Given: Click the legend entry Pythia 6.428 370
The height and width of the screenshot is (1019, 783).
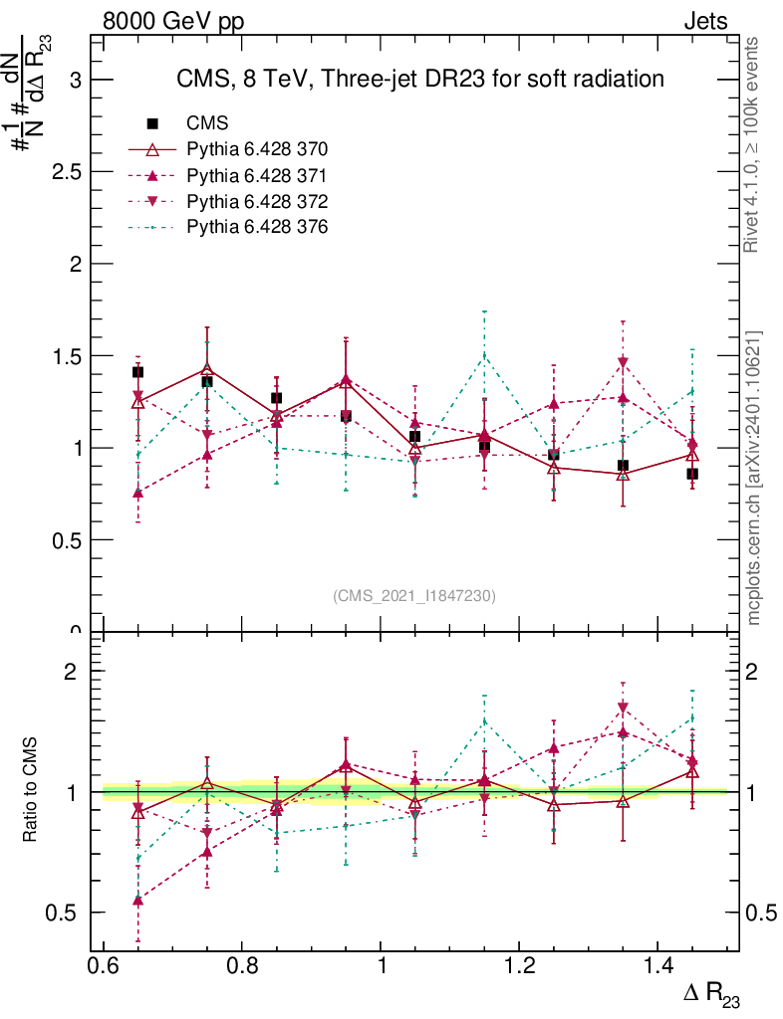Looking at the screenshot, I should tap(257, 149).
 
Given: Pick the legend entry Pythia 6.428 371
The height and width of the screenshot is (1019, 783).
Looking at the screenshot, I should tap(257, 175).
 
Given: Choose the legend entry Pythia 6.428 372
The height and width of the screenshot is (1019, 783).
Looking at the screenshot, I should tap(257, 201).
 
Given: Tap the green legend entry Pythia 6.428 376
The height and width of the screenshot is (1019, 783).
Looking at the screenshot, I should tap(257, 227).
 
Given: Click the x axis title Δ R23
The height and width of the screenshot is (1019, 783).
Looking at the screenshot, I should tap(711, 995).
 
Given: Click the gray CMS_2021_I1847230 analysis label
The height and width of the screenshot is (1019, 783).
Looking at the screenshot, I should tap(414, 595).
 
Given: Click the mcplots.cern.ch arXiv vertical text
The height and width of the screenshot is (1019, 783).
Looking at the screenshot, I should tap(754, 478).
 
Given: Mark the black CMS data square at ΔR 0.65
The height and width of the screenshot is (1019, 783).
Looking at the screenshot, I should tap(137, 372).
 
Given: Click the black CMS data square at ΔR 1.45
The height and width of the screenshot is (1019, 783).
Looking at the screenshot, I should tap(692, 474).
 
